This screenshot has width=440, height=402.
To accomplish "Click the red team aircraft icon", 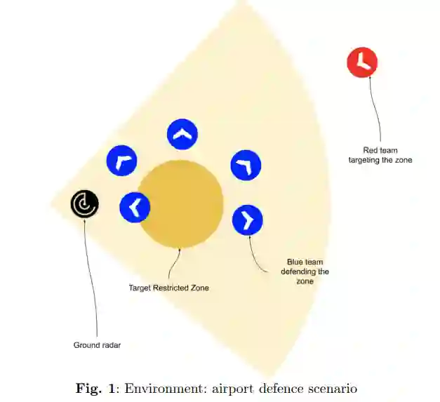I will (x=362, y=62).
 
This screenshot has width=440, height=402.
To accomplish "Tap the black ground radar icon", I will (x=84, y=204).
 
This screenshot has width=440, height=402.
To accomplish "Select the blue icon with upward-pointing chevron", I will (x=182, y=135).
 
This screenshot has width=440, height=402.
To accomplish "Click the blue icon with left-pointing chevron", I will (x=135, y=207).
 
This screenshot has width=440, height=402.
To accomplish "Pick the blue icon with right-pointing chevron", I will (x=247, y=220).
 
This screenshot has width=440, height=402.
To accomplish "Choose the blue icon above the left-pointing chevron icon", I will (x=121, y=161).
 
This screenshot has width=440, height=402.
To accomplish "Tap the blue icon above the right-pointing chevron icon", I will (x=246, y=166).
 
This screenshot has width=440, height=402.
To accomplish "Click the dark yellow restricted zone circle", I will (x=180, y=204).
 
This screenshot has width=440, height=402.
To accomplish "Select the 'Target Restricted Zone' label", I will (x=168, y=288).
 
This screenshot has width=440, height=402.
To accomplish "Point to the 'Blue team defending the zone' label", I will (x=305, y=271).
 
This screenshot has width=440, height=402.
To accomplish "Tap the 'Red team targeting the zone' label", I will (x=380, y=155).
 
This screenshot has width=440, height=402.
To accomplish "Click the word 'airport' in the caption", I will (x=233, y=389).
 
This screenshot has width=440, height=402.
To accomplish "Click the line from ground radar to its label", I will (x=89, y=281).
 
